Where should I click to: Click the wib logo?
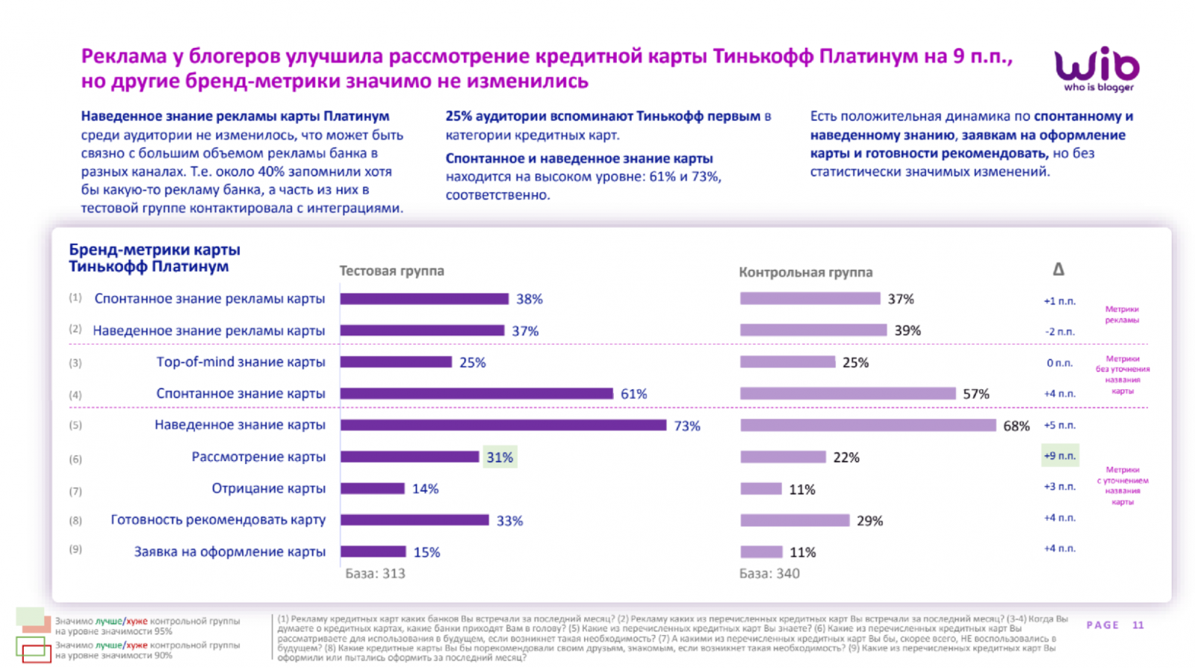pos(1096,69)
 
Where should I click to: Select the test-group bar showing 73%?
pos(503,425)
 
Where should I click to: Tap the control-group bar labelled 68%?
pos(868,425)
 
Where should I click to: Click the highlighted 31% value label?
pos(500,457)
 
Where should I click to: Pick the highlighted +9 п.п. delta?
pos(1060,456)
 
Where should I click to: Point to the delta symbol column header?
pos(1058,269)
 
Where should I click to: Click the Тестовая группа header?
pos(391,271)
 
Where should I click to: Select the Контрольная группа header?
pos(805,272)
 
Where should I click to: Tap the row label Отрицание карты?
pos(268,489)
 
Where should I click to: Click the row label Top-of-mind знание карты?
pos(240,362)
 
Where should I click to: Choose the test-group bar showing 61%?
pos(477,394)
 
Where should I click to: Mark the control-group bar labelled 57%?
pos(848,394)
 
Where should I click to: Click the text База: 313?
pos(375,574)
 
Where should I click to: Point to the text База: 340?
pos(769,574)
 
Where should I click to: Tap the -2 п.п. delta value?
pos(1060,332)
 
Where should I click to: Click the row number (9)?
pos(75,549)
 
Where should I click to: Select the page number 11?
pos(1137,625)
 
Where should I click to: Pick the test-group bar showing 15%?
pos(373,552)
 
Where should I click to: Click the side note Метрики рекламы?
pos(1122,315)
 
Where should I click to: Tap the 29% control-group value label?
pos(869,521)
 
